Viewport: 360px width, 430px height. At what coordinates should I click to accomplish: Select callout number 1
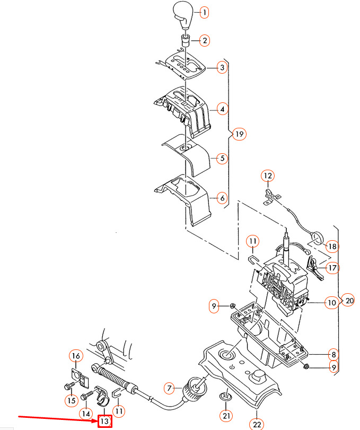204,12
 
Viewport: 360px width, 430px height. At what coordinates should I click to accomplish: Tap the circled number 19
239,134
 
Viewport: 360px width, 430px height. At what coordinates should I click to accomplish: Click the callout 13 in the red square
105,421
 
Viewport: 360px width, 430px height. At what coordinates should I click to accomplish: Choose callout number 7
170,388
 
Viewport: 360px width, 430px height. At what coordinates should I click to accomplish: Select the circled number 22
257,425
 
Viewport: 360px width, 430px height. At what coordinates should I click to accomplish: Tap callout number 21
226,416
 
